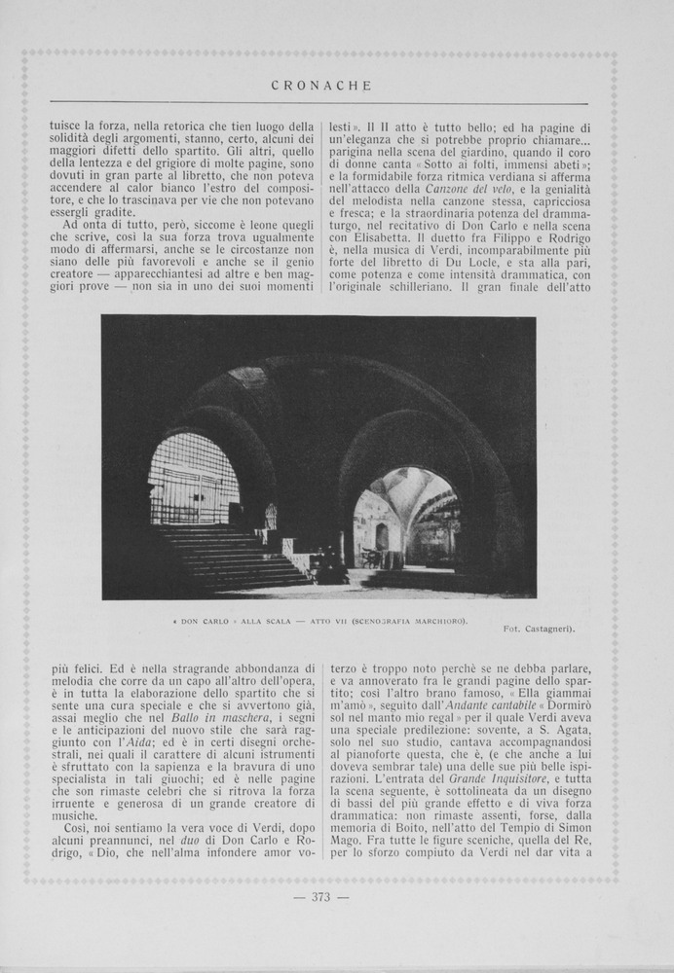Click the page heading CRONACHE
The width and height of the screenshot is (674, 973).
coord(320,86)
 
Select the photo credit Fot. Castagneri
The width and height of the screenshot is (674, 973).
coord(539,629)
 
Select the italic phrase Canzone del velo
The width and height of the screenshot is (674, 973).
coord(458,188)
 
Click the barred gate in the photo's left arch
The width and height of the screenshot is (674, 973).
coord(193,479)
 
